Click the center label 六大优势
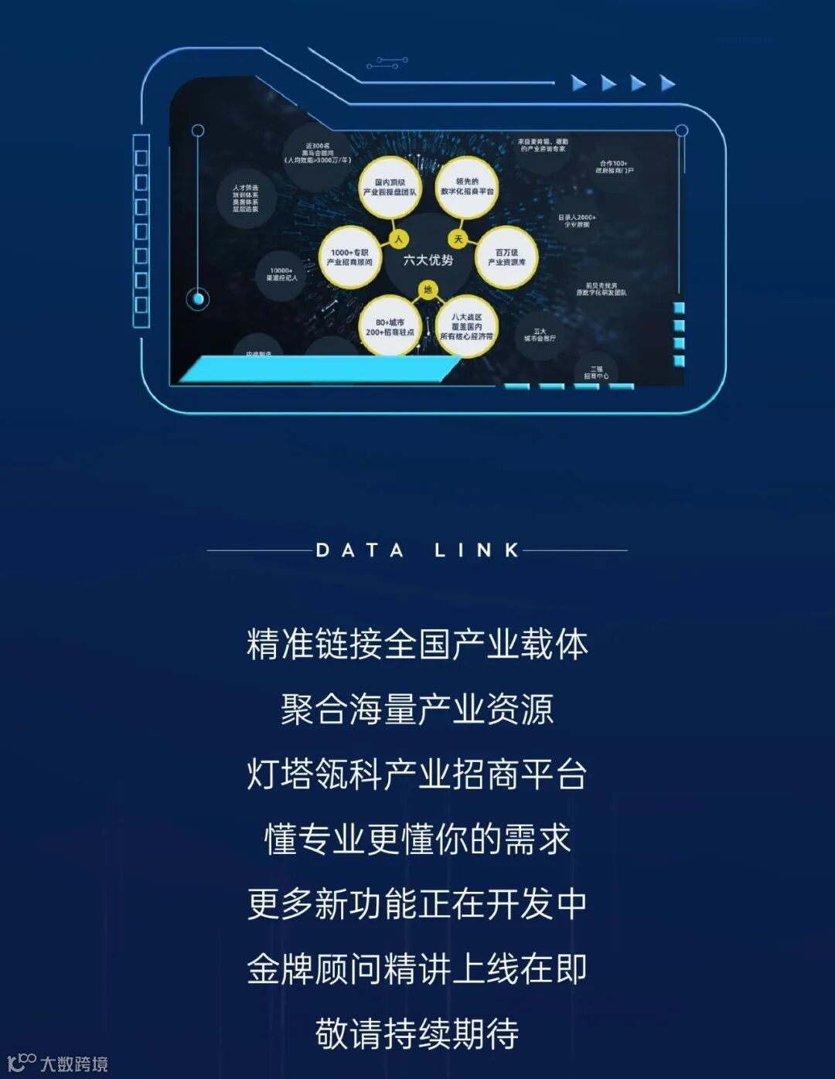[x=428, y=260]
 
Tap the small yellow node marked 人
[x=398, y=239]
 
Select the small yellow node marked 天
[x=458, y=239]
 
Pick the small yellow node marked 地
[x=428, y=290]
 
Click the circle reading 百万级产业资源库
[x=506, y=257]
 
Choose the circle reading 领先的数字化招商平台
[x=467, y=187]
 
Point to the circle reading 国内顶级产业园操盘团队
[x=390, y=188]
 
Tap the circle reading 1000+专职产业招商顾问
[x=349, y=257]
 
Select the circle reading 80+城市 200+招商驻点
[x=390, y=327]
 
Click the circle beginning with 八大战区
[x=466, y=327]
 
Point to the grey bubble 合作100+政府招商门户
[x=614, y=167]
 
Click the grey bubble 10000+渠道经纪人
[x=281, y=274]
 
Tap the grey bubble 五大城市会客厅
[x=539, y=335]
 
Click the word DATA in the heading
[x=360, y=551]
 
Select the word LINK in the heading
[x=476, y=551]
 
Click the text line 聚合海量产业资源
[x=417, y=710]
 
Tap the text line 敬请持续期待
[x=417, y=1034]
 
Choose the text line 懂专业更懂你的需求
[x=417, y=839]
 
